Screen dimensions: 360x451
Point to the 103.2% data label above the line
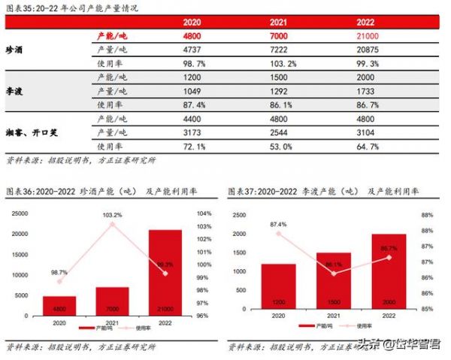point(112,215)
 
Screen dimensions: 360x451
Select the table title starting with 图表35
point(56,8)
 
